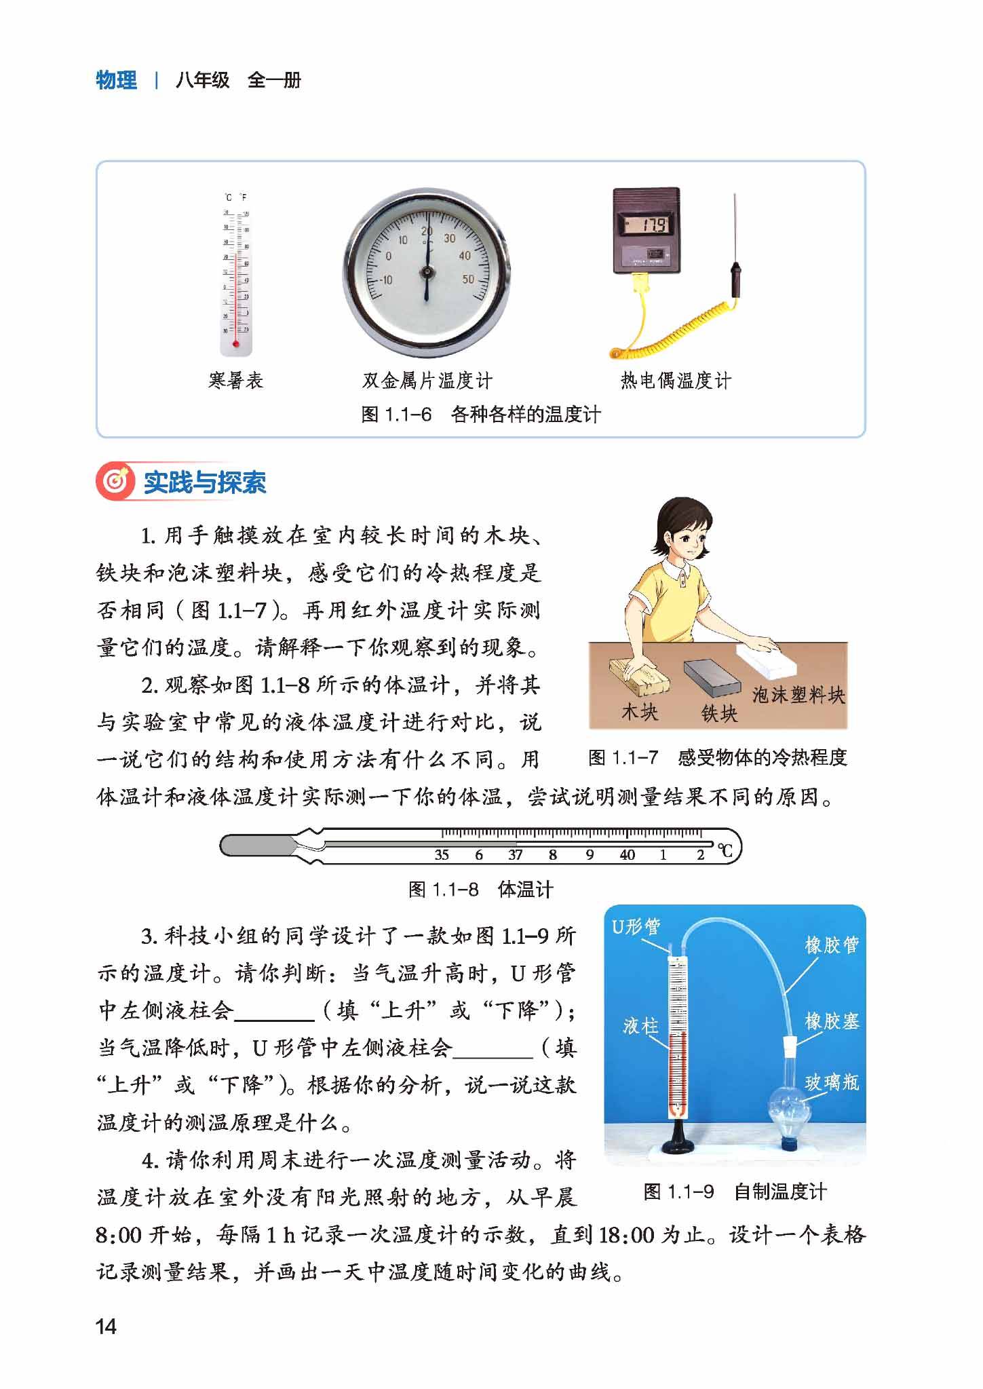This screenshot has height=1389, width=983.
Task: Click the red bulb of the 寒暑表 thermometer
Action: click(x=236, y=344)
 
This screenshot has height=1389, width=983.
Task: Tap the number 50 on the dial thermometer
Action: click(x=468, y=280)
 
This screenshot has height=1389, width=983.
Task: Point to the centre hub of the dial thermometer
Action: click(x=427, y=272)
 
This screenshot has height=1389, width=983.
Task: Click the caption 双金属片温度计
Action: click(x=427, y=381)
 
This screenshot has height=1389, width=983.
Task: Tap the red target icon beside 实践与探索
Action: click(x=117, y=482)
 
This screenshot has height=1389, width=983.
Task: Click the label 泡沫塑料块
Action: click(x=798, y=695)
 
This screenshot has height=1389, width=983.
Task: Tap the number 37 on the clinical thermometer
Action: click(x=516, y=855)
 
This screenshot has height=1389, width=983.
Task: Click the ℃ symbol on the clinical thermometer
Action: click(x=725, y=851)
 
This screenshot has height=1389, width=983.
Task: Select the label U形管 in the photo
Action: click(x=636, y=926)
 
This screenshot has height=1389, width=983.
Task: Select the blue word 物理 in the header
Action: click(x=116, y=80)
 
